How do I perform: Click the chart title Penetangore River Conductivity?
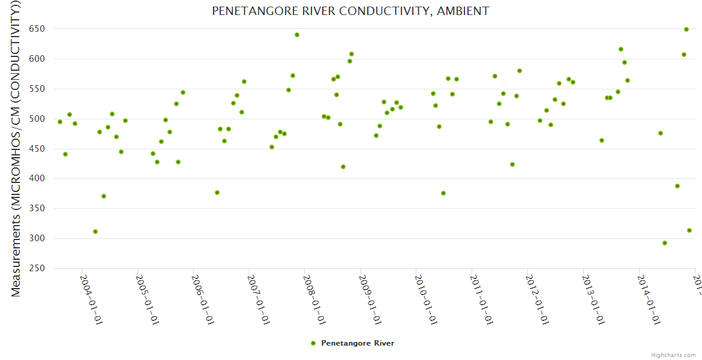(350, 11)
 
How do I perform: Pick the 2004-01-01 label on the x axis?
(91, 299)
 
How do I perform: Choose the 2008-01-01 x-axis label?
(314, 299)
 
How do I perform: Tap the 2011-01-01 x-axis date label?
(482, 299)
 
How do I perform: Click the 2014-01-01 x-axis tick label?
(649, 299)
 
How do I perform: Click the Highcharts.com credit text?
(673, 355)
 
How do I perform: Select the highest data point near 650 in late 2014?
(686, 29)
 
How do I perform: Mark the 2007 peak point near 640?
(297, 35)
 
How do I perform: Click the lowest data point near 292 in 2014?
(665, 243)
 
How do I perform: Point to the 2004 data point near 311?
(95, 232)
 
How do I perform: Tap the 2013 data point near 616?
(621, 49)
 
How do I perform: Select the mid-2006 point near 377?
(217, 193)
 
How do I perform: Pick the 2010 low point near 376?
(443, 193)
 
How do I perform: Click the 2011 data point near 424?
(512, 164)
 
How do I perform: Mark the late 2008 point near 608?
(352, 54)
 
